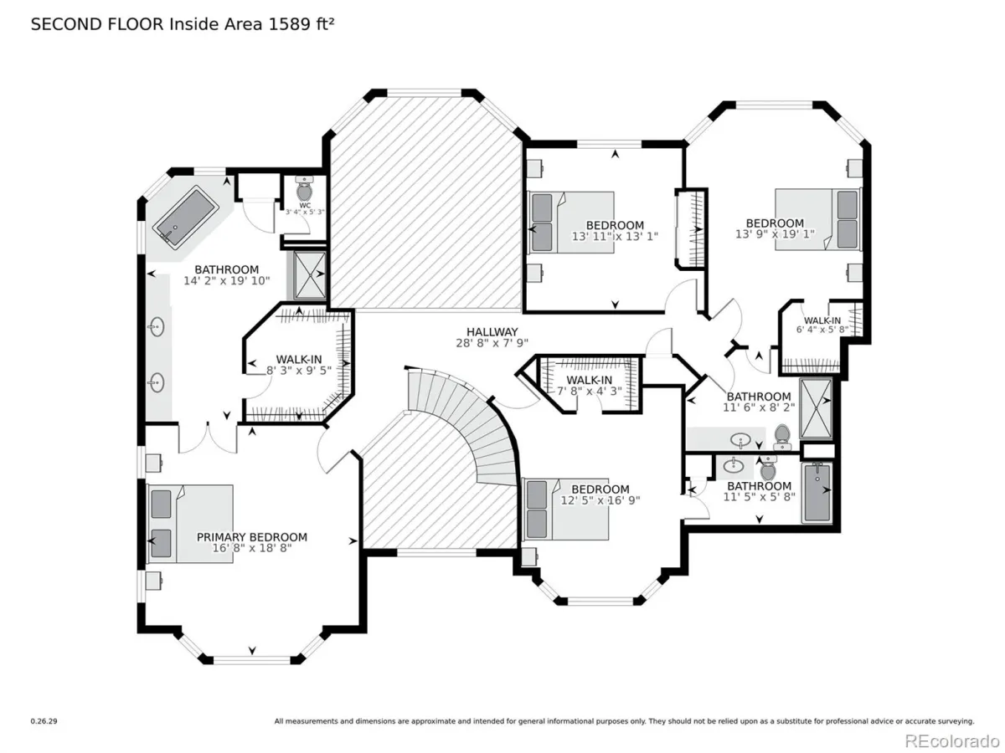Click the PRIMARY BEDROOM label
pos(251,537)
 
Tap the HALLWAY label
pos(492,332)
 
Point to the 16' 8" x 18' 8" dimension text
pos(252,548)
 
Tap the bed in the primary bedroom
pos(189,524)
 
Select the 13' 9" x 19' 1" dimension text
pos(775,234)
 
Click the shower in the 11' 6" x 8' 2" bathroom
pos(816,408)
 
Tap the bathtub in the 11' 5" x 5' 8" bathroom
pos(817,493)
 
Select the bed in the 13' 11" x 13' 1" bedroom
pos(571,223)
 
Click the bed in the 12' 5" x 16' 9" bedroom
pos(565,510)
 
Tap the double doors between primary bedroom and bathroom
pos(208,438)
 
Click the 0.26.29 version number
pos(44,721)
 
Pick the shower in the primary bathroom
pos(307,274)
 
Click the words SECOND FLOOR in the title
pos(97,23)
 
